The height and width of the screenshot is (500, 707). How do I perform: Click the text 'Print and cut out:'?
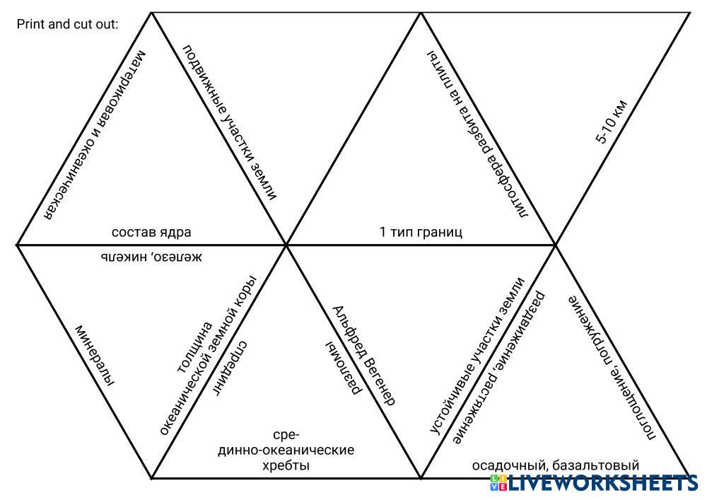(67, 25)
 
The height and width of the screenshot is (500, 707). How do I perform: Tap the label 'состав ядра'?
(151, 232)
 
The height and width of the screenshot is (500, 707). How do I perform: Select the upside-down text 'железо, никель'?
(151, 256)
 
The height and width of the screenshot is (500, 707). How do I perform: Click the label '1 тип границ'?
(421, 232)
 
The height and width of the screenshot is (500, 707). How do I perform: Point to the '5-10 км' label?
(612, 122)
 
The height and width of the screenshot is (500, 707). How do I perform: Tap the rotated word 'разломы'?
(344, 368)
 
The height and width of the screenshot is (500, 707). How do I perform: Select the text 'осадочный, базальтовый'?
(555, 465)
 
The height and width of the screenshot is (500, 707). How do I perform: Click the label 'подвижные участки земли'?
(229, 122)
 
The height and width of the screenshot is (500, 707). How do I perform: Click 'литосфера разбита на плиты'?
(478, 134)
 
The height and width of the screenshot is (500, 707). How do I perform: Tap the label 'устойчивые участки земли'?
(478, 355)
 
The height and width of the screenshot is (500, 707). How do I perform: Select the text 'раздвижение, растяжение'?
(499, 368)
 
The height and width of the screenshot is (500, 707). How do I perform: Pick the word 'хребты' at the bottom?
(286, 466)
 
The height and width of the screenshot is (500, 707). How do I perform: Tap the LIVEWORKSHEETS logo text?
(602, 484)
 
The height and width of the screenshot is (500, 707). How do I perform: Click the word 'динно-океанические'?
(286, 450)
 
